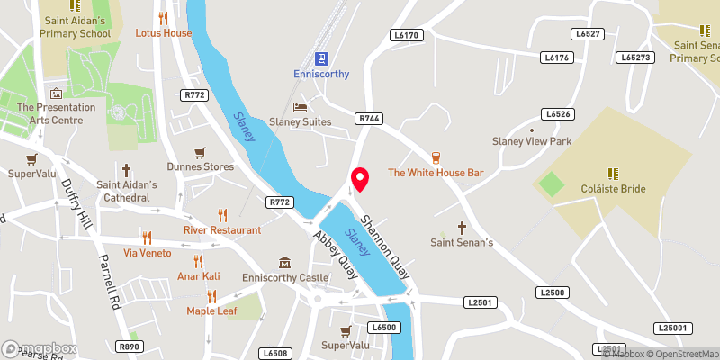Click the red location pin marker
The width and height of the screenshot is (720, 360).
(360, 179)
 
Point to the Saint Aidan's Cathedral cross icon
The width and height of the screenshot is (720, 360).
(127, 169)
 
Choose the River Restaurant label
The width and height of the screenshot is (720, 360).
(222, 229)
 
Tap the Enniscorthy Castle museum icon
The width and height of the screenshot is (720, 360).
(285, 263)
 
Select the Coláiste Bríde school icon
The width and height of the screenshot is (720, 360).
(612, 174)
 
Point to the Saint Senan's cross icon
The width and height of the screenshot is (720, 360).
(463, 228)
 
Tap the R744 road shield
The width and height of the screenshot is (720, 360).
(368, 118)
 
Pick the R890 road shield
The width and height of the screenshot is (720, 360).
(130, 346)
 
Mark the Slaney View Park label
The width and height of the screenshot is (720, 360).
(531, 142)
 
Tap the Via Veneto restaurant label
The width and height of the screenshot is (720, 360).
(147, 253)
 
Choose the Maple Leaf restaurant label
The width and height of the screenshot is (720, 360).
(211, 310)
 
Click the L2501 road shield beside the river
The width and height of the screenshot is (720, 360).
(480, 302)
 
